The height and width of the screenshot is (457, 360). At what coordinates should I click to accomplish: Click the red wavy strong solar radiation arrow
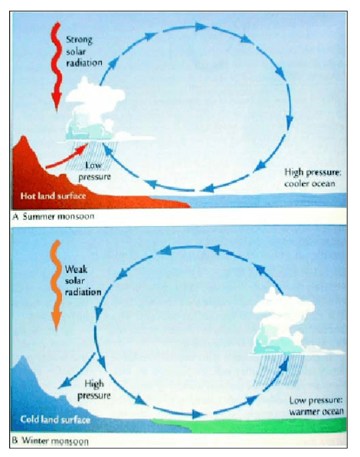coord(56,67)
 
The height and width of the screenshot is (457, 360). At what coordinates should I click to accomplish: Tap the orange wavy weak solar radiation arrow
coord(56,285)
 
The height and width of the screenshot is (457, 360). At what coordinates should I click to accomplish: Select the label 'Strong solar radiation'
coord(83,51)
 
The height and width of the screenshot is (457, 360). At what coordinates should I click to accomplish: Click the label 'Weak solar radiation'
coord(83,281)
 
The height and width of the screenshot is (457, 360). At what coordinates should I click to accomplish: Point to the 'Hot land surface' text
coord(54,196)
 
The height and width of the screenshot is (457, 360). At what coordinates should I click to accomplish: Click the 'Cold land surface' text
coord(55,419)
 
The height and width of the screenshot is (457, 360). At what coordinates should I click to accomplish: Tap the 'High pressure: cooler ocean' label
coord(313,177)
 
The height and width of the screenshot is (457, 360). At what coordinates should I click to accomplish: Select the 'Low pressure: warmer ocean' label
coord(316,406)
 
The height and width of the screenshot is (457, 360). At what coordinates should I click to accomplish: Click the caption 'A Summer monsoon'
coord(54,216)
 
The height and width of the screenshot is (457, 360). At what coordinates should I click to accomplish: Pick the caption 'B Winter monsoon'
coord(51,440)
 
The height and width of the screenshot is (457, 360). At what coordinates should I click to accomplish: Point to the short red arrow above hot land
coord(67,156)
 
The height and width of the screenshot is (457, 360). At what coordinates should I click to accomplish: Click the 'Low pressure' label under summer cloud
coord(94,171)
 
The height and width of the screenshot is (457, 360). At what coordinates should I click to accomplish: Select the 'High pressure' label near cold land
coord(94,390)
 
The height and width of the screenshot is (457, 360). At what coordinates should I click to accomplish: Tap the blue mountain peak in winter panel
coord(23,358)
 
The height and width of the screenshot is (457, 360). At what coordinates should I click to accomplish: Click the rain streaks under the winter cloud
coord(279,370)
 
